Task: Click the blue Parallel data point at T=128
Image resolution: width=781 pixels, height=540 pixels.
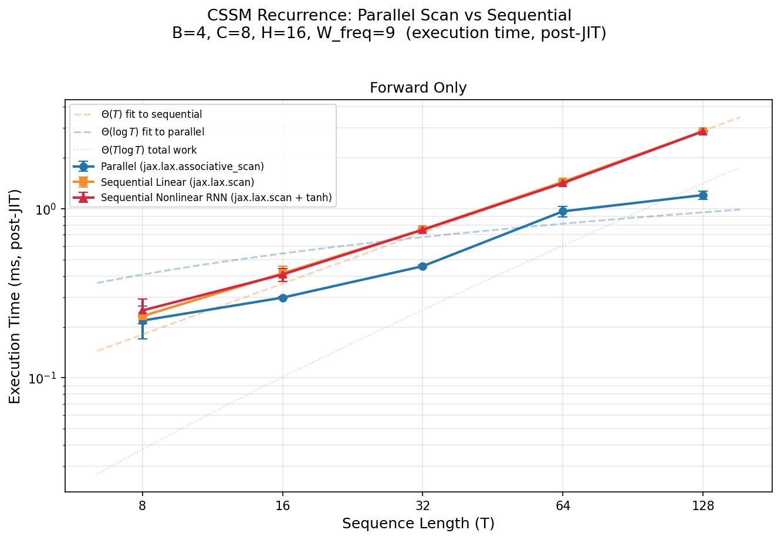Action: coord(702,195)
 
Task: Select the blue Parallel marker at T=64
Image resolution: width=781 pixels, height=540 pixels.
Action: coord(563,211)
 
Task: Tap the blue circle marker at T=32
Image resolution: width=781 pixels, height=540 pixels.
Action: coord(422,266)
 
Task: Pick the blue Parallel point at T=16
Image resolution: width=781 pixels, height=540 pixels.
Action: coord(283,298)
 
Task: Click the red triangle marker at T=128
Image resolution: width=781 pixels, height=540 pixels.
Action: coord(702,131)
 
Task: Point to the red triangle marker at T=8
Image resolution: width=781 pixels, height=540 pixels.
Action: coord(143,310)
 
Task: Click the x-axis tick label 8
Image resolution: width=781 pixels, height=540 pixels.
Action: coord(143,506)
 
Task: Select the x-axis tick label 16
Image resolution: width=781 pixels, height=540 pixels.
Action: coord(283,506)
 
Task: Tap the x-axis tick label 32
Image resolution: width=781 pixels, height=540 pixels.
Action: coord(422,506)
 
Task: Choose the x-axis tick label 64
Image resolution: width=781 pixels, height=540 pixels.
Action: coord(563,506)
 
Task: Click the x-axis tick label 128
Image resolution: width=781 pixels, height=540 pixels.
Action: coord(702,506)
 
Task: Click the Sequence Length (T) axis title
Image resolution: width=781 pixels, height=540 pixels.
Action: coord(418,524)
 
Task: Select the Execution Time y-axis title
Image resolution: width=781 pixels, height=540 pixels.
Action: coord(15,296)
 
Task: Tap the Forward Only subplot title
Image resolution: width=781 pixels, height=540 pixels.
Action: coord(418,88)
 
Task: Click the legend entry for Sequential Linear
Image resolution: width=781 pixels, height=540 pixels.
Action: coord(177,182)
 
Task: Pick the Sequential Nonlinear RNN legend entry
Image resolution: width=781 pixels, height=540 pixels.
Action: coord(216,198)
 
